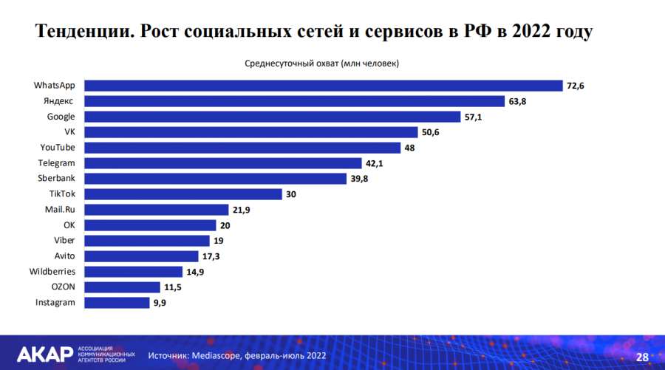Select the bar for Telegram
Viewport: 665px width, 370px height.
pos(222,163)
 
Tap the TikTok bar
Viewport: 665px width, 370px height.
pos(183,194)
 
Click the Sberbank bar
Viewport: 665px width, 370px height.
pos(214,179)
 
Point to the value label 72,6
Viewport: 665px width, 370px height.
pos(576,86)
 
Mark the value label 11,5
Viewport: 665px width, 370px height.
pos(172,287)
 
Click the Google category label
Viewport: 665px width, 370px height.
pos(61,117)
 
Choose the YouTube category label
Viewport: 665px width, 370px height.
pos(57,148)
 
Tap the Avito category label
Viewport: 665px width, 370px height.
pos(64,256)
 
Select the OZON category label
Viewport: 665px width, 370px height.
pos(63,287)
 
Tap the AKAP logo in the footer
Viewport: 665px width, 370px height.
pos(44,354)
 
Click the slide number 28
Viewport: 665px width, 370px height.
pos(642,357)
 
